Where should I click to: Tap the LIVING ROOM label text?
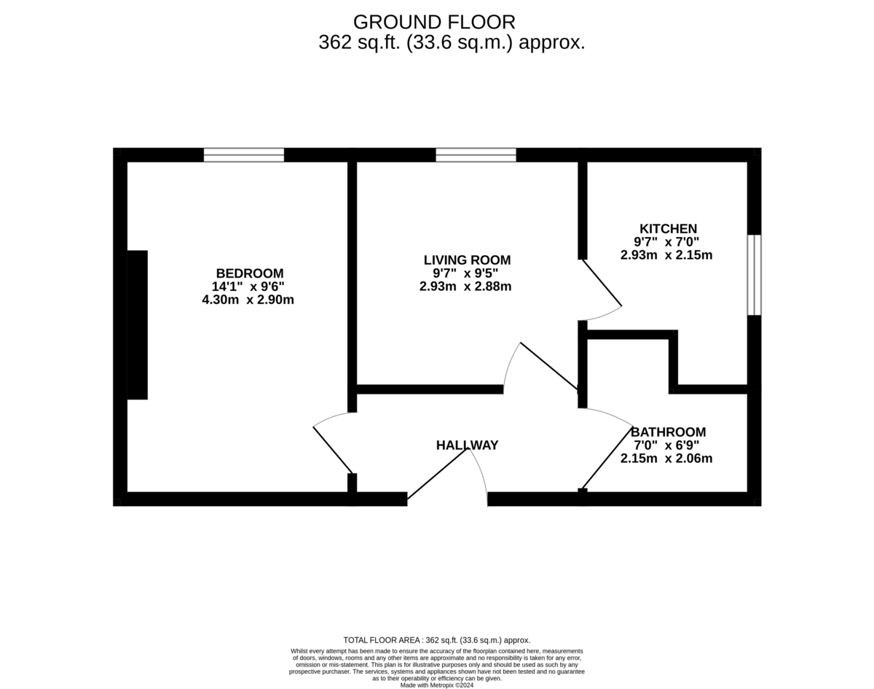[x=467, y=260]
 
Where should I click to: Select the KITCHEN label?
[x=668, y=228]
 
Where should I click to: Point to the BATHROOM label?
[x=668, y=432]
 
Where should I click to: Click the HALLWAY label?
[x=467, y=445]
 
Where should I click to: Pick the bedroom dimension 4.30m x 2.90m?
[x=248, y=300]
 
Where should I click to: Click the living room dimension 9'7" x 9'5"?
[x=465, y=273]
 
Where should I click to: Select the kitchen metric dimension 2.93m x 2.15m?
[x=666, y=255]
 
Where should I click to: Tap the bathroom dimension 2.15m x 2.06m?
[x=666, y=459]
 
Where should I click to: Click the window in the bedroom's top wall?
[x=243, y=155]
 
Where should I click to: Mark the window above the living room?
[x=476, y=155]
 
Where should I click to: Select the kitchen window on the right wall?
[x=754, y=275]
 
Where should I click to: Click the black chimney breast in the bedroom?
[x=137, y=324]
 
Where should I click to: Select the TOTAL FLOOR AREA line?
[x=436, y=639]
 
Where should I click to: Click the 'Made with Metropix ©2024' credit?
[x=436, y=685]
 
